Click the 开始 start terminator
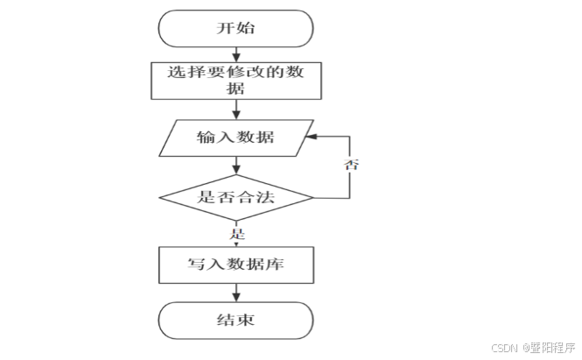tap(235, 28)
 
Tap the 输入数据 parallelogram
tap(235, 138)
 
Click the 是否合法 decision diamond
tap(235, 197)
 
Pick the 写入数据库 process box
tap(235, 264)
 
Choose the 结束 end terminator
tap(235, 320)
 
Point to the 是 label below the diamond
tap(236, 234)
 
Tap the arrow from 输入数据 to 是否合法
tap(235, 165)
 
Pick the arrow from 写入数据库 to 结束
tap(235, 292)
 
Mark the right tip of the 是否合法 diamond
tap(313, 197)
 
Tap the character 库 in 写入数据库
tap(278, 264)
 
